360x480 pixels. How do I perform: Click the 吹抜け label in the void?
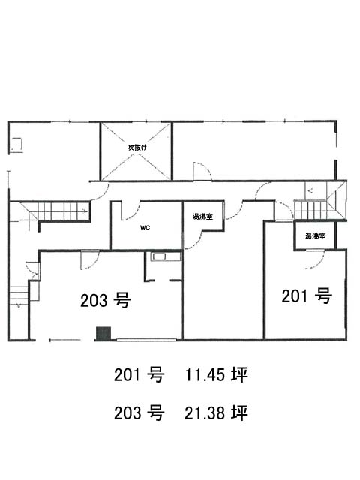(x=136, y=148)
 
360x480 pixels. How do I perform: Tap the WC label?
(x=145, y=228)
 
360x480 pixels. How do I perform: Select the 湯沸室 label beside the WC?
(x=202, y=217)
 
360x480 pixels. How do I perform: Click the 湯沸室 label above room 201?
(x=315, y=236)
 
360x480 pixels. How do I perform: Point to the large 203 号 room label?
(x=106, y=300)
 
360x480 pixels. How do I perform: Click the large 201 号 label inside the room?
(x=307, y=295)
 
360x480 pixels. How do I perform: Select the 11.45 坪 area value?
(x=216, y=375)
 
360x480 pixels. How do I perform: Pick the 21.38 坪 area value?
(x=216, y=412)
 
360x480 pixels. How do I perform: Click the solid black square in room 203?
(x=103, y=333)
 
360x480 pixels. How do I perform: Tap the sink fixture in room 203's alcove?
(x=159, y=256)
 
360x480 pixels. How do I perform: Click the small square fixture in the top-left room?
(x=16, y=145)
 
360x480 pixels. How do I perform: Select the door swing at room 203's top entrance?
(x=90, y=260)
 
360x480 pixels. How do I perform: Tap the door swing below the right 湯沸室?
(x=316, y=260)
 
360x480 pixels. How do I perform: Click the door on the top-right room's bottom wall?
(x=202, y=172)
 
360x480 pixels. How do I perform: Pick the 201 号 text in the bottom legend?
(x=139, y=375)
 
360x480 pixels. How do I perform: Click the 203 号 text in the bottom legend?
(x=139, y=412)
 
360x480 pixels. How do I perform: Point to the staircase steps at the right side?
(x=310, y=210)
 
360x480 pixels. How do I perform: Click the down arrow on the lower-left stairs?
(x=19, y=305)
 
